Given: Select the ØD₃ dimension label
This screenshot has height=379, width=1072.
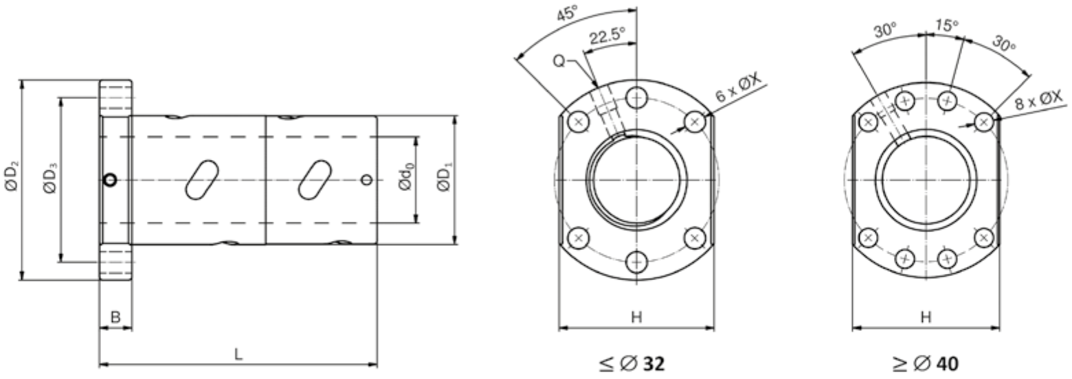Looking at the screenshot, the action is coord(50,178).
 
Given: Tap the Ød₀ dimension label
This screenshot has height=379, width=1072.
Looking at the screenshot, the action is coord(406,177).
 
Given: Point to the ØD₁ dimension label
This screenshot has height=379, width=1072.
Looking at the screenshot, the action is coord(445,178).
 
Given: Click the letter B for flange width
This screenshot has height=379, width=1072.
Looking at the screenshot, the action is coord(115,317).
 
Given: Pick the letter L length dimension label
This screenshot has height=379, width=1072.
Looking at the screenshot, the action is coord(238,354).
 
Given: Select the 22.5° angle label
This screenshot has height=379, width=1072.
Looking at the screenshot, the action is coord(607,36).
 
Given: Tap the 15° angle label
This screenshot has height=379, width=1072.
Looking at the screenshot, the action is coord(948,25).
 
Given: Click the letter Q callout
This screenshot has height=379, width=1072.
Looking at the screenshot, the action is coord(559,61).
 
